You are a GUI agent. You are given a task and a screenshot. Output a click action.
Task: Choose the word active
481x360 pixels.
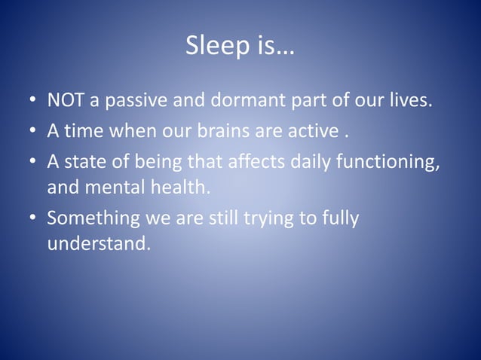310,132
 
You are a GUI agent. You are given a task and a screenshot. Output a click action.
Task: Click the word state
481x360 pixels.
83,163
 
